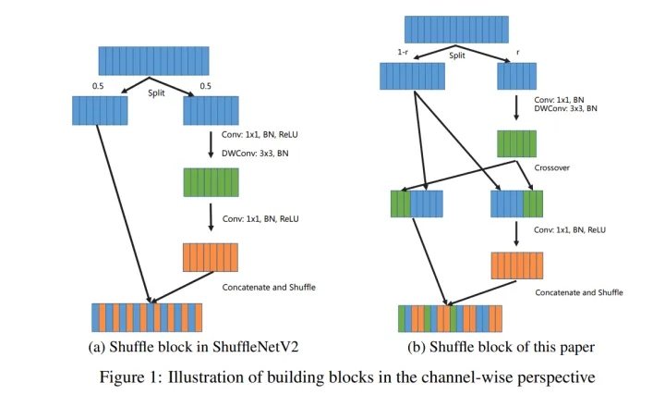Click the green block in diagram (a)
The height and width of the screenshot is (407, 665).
[x=212, y=181]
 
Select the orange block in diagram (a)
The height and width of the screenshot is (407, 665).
[x=212, y=256]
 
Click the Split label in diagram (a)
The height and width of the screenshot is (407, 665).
[x=157, y=92]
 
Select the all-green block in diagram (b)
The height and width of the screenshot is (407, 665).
[x=516, y=143]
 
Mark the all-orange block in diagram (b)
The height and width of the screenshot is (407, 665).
[x=516, y=265]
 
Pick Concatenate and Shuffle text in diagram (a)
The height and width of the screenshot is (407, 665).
[x=269, y=287]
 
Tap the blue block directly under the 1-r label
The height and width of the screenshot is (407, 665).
[x=406, y=76]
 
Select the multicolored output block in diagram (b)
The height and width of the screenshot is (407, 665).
[x=450, y=318]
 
